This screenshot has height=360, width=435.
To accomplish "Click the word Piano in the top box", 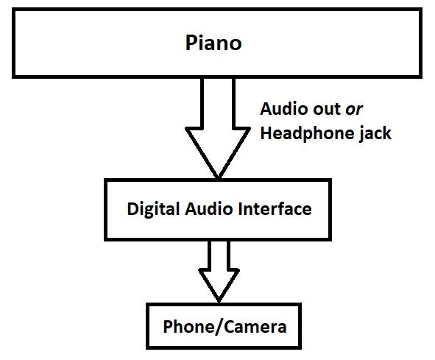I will click(x=212, y=43).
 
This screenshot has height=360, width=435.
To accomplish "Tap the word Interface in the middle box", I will click(x=277, y=209).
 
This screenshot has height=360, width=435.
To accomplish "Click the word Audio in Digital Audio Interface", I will click(x=211, y=209).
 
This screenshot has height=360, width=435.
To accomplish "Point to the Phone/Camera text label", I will click(x=224, y=326).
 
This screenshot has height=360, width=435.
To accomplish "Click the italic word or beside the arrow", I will click(x=354, y=109).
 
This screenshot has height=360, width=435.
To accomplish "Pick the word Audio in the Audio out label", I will click(x=283, y=109).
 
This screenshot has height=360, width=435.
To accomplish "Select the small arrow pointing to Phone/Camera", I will click(x=219, y=272).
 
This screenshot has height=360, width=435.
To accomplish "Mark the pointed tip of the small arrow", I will click(x=219, y=299).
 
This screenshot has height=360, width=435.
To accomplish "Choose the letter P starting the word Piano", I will click(x=189, y=43).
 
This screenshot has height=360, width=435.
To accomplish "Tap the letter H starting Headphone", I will click(x=266, y=135).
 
